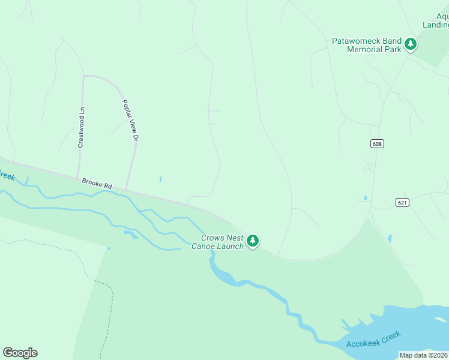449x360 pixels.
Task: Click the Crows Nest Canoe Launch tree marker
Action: tap(253, 241)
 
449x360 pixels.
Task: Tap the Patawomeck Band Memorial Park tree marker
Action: tap(411, 44)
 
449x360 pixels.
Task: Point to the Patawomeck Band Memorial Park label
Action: tap(367, 45)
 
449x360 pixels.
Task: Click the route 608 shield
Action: tap(377, 143)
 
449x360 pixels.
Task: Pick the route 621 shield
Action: tap(402, 203)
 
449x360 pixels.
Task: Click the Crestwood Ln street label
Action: tap(82, 127)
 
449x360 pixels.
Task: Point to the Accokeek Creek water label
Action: tap(373, 340)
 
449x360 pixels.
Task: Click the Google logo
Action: tap(20, 353)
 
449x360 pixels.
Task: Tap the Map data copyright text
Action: tap(423, 355)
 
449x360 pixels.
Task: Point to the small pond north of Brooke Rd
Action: tap(160, 179)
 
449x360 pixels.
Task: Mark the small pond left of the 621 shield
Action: tap(366, 198)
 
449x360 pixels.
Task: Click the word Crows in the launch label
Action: tap(212, 238)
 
